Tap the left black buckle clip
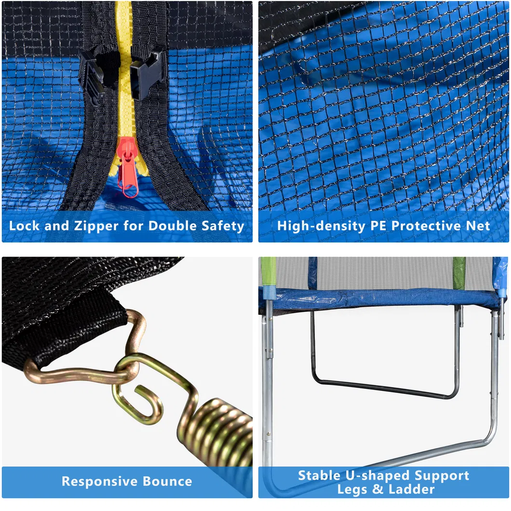click(x=94, y=77)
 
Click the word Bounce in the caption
click(x=168, y=481)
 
